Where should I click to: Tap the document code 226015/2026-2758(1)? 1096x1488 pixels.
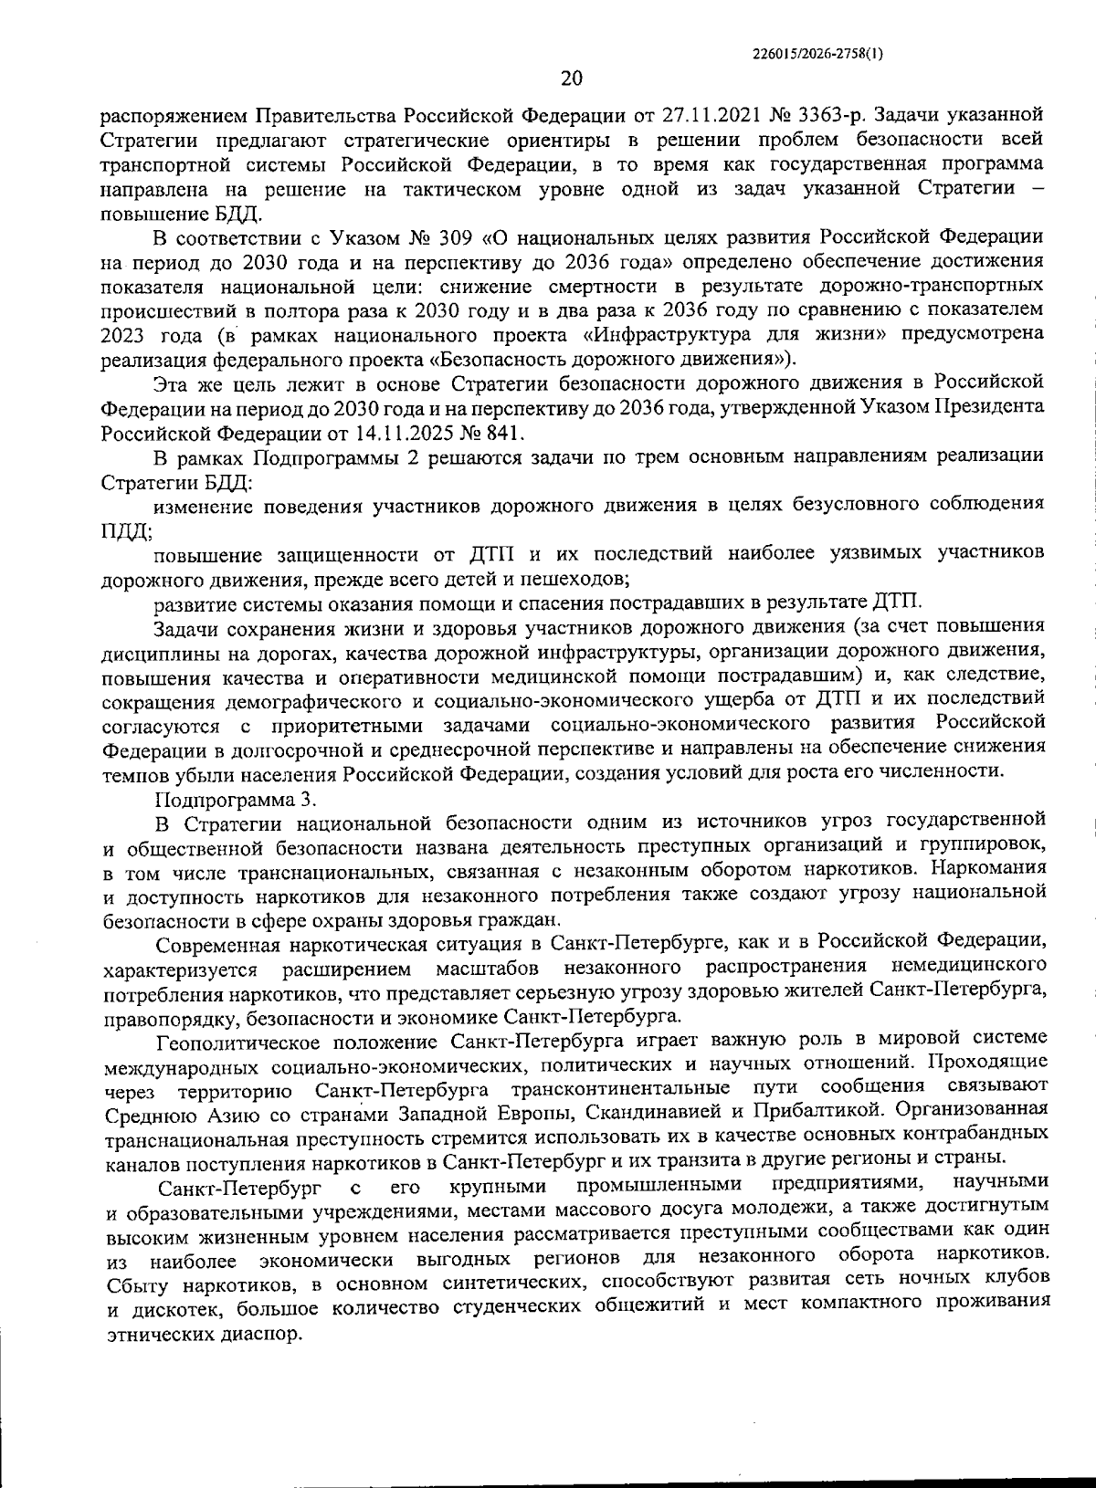coord(817,53)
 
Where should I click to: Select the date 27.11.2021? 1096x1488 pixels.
coord(741,117)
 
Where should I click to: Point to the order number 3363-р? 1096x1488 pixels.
coord(827,117)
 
